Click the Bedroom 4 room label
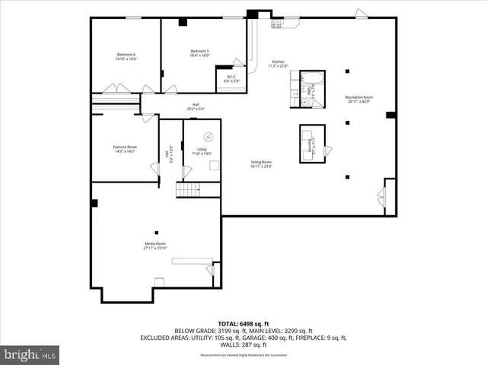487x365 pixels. coord(126,56)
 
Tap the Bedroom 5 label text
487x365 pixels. coord(200,53)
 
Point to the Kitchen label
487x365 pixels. coord(279,64)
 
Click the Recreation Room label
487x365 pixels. coord(359,99)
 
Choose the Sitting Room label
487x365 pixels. coord(262,163)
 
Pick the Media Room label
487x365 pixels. coord(155,246)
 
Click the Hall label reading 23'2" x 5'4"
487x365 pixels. coord(196,107)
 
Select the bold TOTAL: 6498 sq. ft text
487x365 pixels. coord(243,323)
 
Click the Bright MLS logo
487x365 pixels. coord(30,354)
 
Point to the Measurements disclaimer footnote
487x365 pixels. coord(243,356)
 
